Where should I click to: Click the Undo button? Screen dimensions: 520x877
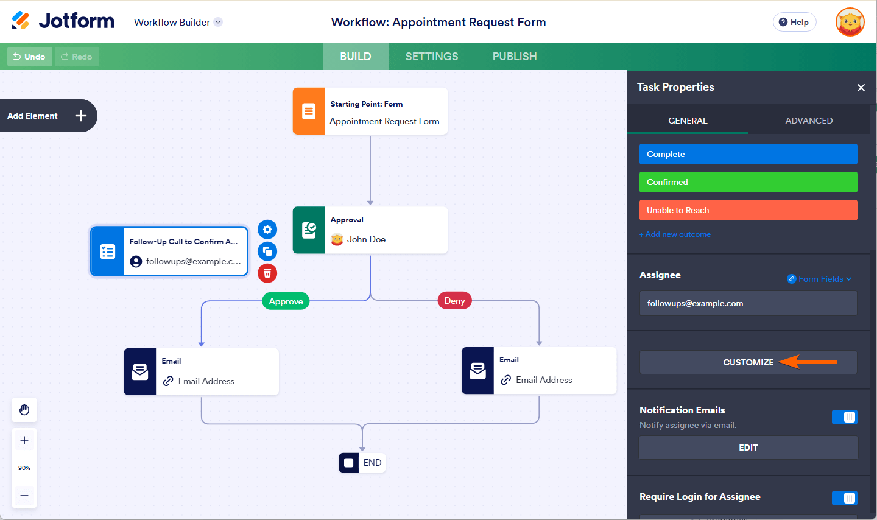point(29,57)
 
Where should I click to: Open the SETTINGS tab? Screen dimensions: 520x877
point(432,57)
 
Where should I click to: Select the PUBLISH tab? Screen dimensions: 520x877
point(515,57)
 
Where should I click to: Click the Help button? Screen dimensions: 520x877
point(794,22)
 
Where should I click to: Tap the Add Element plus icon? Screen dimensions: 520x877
point(81,116)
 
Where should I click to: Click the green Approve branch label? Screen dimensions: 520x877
point(286,301)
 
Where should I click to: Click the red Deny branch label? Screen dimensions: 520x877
point(454,300)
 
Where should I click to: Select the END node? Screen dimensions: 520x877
point(362,463)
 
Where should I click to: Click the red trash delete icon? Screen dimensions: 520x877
point(267,273)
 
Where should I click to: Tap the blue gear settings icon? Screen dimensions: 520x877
point(267,230)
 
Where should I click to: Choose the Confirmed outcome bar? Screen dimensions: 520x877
point(748,182)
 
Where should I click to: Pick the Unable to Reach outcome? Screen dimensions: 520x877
point(748,210)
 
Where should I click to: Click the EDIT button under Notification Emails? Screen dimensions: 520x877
point(748,448)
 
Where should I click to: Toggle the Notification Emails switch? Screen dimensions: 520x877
point(844,417)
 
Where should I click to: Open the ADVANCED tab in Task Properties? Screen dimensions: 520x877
point(809,121)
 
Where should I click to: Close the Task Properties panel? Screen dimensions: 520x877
point(861,88)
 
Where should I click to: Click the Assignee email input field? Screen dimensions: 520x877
point(748,303)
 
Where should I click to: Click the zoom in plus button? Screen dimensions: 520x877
point(24,440)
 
